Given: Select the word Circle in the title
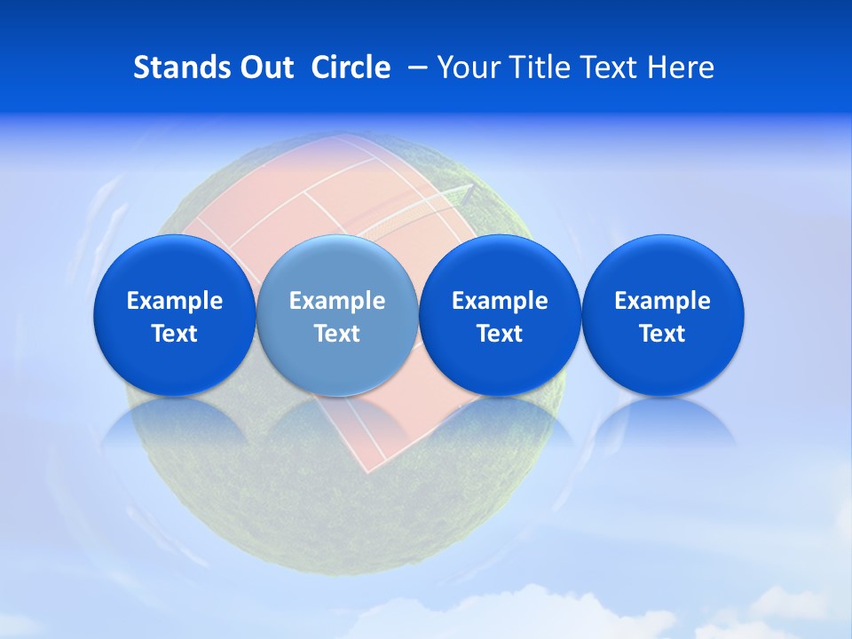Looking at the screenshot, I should pyautogui.click(x=351, y=67).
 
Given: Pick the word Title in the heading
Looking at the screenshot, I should pyautogui.click(x=540, y=67).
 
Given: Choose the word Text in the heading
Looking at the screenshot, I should pyautogui.click(x=612, y=67).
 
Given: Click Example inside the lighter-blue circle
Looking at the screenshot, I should pyautogui.click(x=337, y=301).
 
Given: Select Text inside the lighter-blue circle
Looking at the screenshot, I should pyautogui.click(x=337, y=334).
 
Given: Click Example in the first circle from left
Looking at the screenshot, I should pyautogui.click(x=175, y=301).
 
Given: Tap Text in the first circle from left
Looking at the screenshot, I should pyautogui.click(x=175, y=334).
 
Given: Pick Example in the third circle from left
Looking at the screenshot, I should pyautogui.click(x=500, y=301).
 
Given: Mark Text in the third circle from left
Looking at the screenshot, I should pyautogui.click(x=500, y=334).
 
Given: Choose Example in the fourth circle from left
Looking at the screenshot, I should pyautogui.click(x=663, y=301).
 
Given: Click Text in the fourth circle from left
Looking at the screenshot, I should pyautogui.click(x=663, y=334).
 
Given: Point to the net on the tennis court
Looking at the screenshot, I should pyautogui.click(x=417, y=213).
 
